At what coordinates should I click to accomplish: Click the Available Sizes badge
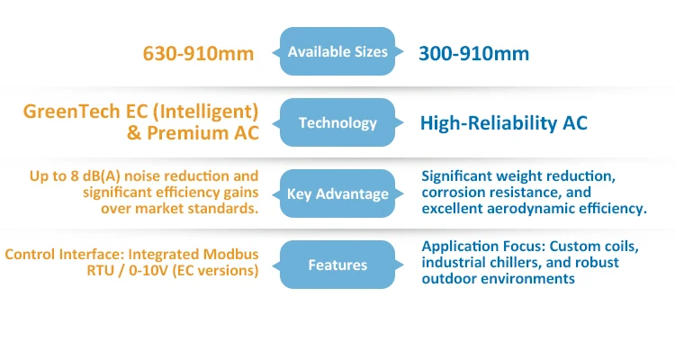[337, 51]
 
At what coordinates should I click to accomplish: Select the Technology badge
[337, 122]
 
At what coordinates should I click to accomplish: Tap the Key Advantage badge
[337, 193]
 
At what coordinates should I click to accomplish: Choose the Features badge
[337, 265]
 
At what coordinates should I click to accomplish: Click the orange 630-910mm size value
[199, 53]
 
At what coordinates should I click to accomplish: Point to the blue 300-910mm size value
[474, 53]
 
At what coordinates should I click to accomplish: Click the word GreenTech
[71, 111]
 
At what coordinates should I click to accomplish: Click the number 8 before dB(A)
[75, 176]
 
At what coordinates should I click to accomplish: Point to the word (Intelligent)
[206, 112]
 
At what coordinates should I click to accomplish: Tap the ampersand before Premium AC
[134, 132]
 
